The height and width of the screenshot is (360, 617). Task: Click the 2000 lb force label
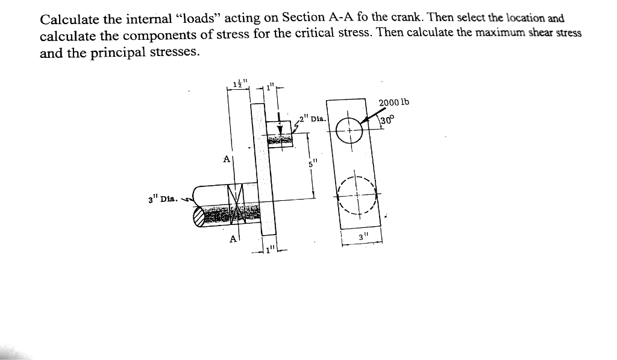pos(394,102)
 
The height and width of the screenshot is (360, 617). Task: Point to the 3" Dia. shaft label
pos(163,198)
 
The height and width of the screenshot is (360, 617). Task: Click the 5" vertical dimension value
pos(312,163)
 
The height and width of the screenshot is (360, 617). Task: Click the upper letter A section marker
pos(227,159)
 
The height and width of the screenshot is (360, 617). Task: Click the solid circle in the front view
pos(349,129)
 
